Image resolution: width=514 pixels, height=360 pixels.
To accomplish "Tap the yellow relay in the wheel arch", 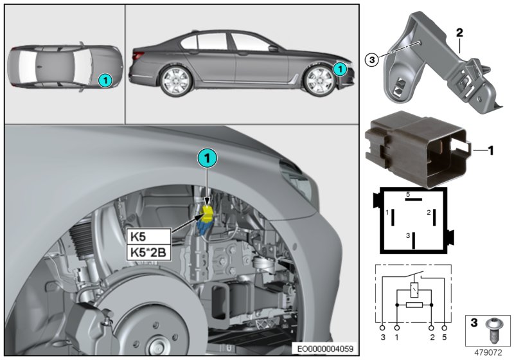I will click(208, 214).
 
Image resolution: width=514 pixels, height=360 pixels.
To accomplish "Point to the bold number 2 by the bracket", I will click(460, 32).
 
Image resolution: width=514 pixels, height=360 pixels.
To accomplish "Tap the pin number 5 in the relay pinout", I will click(407, 194).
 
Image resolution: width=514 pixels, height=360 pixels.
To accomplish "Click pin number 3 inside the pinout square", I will click(407, 237).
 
